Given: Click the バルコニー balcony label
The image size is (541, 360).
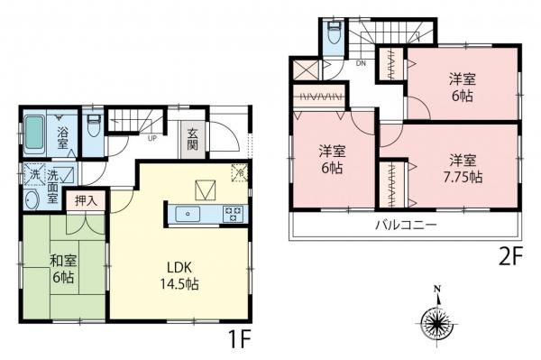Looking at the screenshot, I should click(x=407, y=225).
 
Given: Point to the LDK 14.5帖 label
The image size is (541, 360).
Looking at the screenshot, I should click(x=180, y=275).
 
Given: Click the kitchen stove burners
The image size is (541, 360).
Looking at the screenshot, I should click(x=232, y=214).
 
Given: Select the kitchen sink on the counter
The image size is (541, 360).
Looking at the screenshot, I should click(x=188, y=214).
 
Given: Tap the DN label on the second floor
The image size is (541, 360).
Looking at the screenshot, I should click(x=360, y=64).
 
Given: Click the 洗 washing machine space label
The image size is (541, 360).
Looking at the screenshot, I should click(x=32, y=173).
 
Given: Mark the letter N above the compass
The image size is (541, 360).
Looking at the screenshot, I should click(x=436, y=290).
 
